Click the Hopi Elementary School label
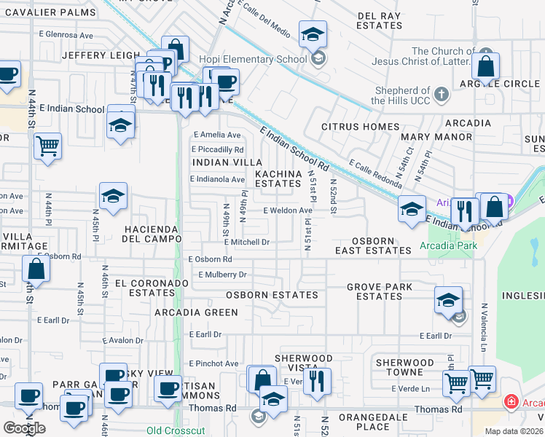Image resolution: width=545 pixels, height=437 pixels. point(261,59)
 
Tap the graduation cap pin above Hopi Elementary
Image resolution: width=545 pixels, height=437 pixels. point(313,35)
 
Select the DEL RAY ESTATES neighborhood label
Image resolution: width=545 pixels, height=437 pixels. point(380,20)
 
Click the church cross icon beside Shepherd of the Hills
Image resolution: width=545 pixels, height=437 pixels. point(442,94)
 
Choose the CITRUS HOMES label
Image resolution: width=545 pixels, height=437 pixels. point(356,127)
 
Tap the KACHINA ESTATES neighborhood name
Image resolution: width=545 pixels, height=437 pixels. point(278,178)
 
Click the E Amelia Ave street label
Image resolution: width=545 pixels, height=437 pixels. point(216,135)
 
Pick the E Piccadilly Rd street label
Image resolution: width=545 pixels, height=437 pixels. point(217,149)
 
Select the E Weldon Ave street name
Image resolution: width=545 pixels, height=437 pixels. point(288,210)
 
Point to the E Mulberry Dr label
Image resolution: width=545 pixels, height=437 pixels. point(223,275)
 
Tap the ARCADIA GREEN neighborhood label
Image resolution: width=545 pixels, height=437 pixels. point(196,312)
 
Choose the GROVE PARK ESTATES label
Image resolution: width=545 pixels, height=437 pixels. point(379,291)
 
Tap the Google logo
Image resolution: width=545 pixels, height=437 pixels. point(24,428)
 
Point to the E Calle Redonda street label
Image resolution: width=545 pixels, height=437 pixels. point(376,172)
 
